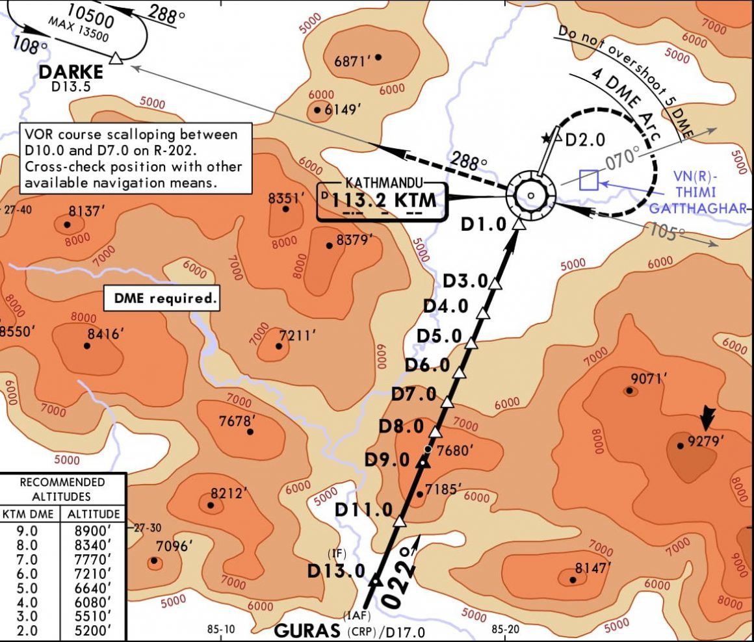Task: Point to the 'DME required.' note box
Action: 161,299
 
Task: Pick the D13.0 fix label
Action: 336,571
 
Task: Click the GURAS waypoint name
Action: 307,630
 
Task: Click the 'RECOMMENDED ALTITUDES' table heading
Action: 62,489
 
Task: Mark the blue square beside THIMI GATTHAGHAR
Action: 589,180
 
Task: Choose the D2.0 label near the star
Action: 585,140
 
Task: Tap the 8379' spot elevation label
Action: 354,240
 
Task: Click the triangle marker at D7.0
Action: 447,402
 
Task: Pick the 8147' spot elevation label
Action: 591,568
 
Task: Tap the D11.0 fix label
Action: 363,510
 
